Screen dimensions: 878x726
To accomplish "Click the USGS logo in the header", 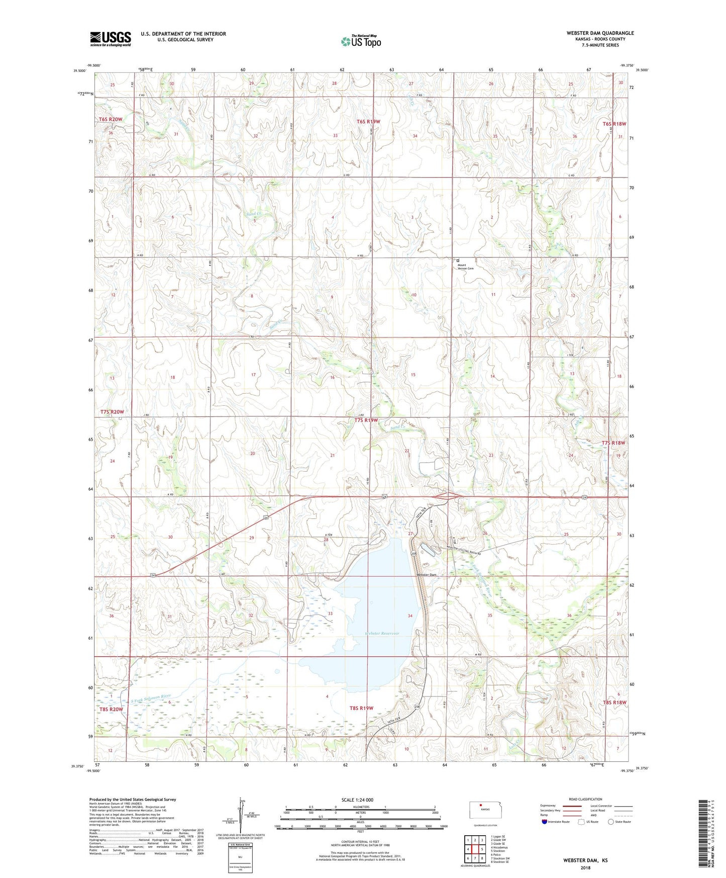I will click(110, 39).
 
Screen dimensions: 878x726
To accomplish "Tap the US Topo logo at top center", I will click(361, 41).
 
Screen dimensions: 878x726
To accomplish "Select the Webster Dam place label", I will click(426, 575).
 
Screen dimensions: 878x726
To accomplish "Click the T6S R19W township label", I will click(368, 122).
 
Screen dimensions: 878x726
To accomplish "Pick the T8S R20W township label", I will click(111, 710).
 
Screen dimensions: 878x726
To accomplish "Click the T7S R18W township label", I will click(613, 443).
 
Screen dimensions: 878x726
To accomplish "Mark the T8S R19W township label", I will click(362, 708).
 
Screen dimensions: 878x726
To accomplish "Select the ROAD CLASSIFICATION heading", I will click(585, 799).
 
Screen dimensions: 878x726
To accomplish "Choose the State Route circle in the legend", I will click(610, 822).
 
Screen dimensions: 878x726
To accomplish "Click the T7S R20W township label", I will click(112, 412).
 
